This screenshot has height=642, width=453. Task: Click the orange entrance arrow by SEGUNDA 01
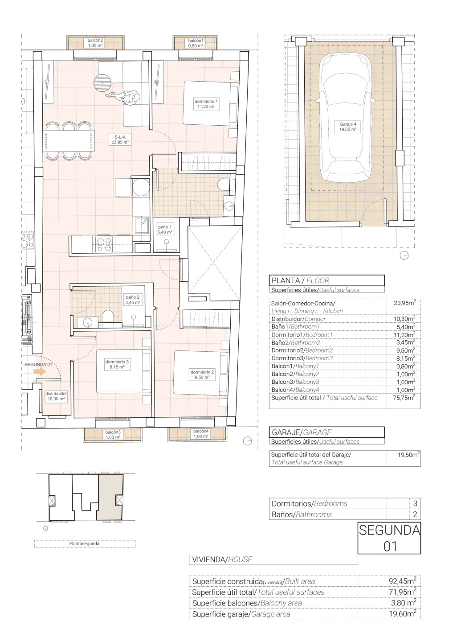pyautogui.click(x=40, y=372)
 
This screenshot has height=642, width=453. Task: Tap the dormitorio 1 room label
pyautogui.click(x=206, y=104)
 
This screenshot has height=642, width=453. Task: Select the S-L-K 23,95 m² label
pyautogui.click(x=120, y=139)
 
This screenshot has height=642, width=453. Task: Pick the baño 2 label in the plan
pyautogui.click(x=133, y=300)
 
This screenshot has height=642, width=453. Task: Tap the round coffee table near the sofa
pyautogui.click(x=103, y=82)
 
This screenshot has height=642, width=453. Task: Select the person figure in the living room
pyautogui.click(x=125, y=97)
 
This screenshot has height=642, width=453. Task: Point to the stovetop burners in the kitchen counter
pyautogui.click(x=103, y=244)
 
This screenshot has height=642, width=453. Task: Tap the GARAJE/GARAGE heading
pyautogui.click(x=302, y=432)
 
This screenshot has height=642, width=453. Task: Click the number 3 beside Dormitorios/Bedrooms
pyautogui.click(x=415, y=504)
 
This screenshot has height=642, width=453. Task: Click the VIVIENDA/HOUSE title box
pyautogui.click(x=273, y=559)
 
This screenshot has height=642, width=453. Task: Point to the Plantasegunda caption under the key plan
pyautogui.click(x=84, y=543)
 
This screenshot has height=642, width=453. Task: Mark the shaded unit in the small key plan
pyautogui.click(x=110, y=497)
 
